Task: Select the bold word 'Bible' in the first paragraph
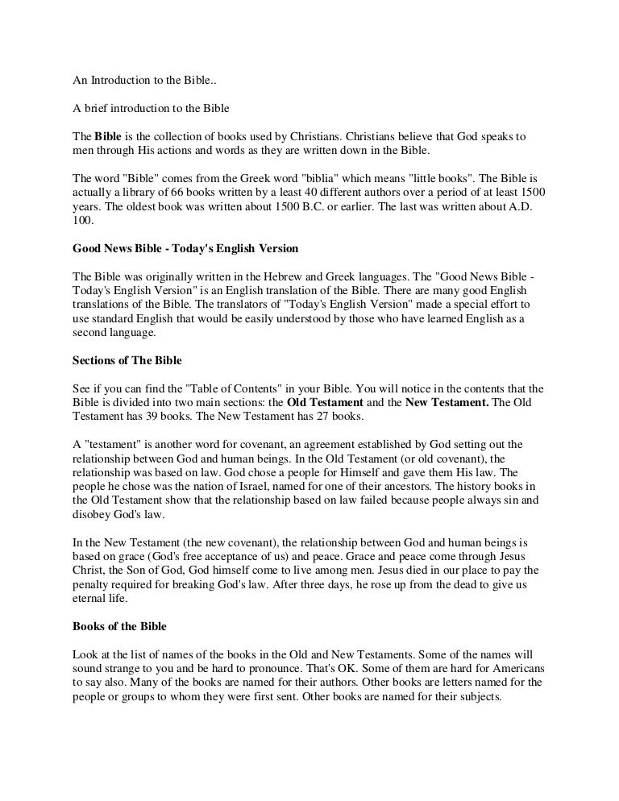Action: coord(108,134)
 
